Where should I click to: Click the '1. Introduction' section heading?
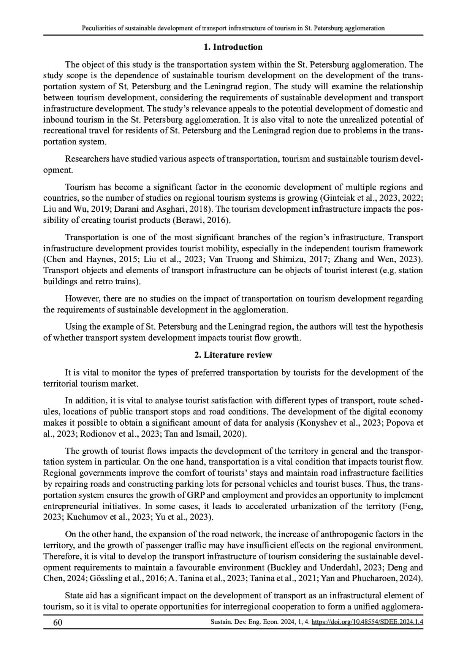tap(233, 47)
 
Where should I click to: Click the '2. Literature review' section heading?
tap(233, 355)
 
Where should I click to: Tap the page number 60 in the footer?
tap(58, 623)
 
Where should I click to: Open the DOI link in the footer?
tap(367, 623)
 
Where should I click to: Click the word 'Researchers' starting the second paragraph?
tap(87, 159)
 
